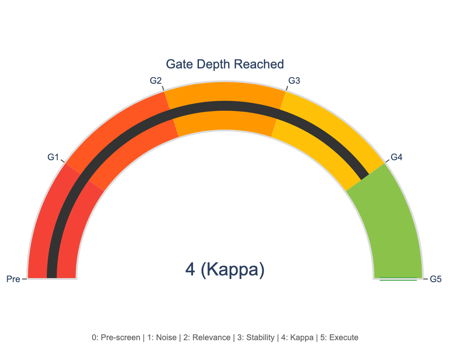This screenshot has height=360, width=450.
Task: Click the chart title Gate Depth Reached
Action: [x=225, y=64]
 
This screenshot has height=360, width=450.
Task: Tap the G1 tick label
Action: [x=53, y=157]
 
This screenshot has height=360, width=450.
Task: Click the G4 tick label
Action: [x=396, y=157]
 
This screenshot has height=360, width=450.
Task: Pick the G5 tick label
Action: [x=436, y=279]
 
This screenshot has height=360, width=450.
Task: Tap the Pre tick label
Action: [x=13, y=279]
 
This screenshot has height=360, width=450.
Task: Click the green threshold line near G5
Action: [x=398, y=279]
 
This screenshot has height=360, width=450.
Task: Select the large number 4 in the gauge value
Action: [x=190, y=270]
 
